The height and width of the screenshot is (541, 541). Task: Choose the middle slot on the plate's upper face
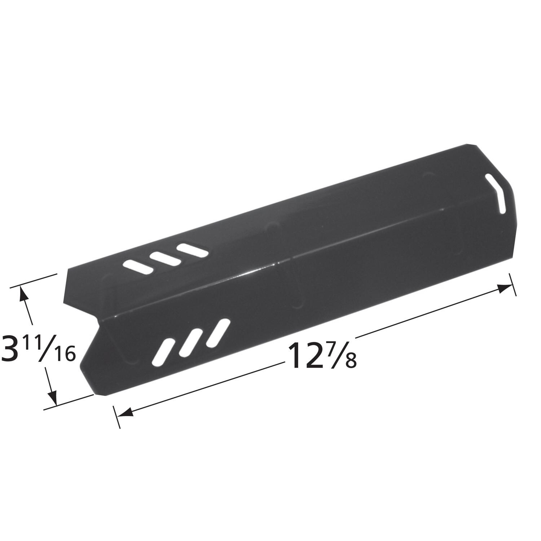164,258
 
